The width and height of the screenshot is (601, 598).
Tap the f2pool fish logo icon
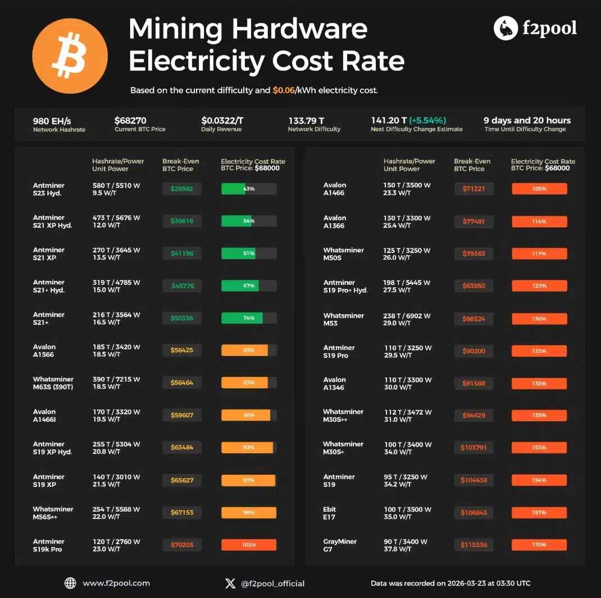click(506, 28)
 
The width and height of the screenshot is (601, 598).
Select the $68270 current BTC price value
click(134, 121)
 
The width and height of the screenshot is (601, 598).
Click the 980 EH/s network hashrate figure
click(52, 121)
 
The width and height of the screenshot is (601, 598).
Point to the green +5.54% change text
click(427, 121)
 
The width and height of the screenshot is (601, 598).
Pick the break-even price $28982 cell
click(182, 189)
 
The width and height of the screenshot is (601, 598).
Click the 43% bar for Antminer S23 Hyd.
click(249, 189)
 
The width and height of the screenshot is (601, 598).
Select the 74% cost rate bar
click(249, 318)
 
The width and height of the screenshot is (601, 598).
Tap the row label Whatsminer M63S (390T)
click(53, 383)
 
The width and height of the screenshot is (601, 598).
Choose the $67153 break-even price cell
click(182, 513)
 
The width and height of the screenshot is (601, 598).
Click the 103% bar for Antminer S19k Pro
click(249, 545)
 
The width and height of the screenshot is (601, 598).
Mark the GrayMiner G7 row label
click(340, 545)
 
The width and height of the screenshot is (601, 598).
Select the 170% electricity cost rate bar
click(539, 545)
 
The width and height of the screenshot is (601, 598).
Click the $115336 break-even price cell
click(473, 545)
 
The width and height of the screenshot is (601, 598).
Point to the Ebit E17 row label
click(330, 513)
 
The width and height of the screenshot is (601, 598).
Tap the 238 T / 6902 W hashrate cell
click(407, 316)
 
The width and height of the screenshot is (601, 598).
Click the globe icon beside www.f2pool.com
click(70, 583)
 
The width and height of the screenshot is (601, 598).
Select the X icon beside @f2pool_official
click(230, 583)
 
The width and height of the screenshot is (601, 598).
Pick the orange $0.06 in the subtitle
click(283, 90)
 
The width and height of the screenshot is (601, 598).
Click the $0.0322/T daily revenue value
click(222, 121)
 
